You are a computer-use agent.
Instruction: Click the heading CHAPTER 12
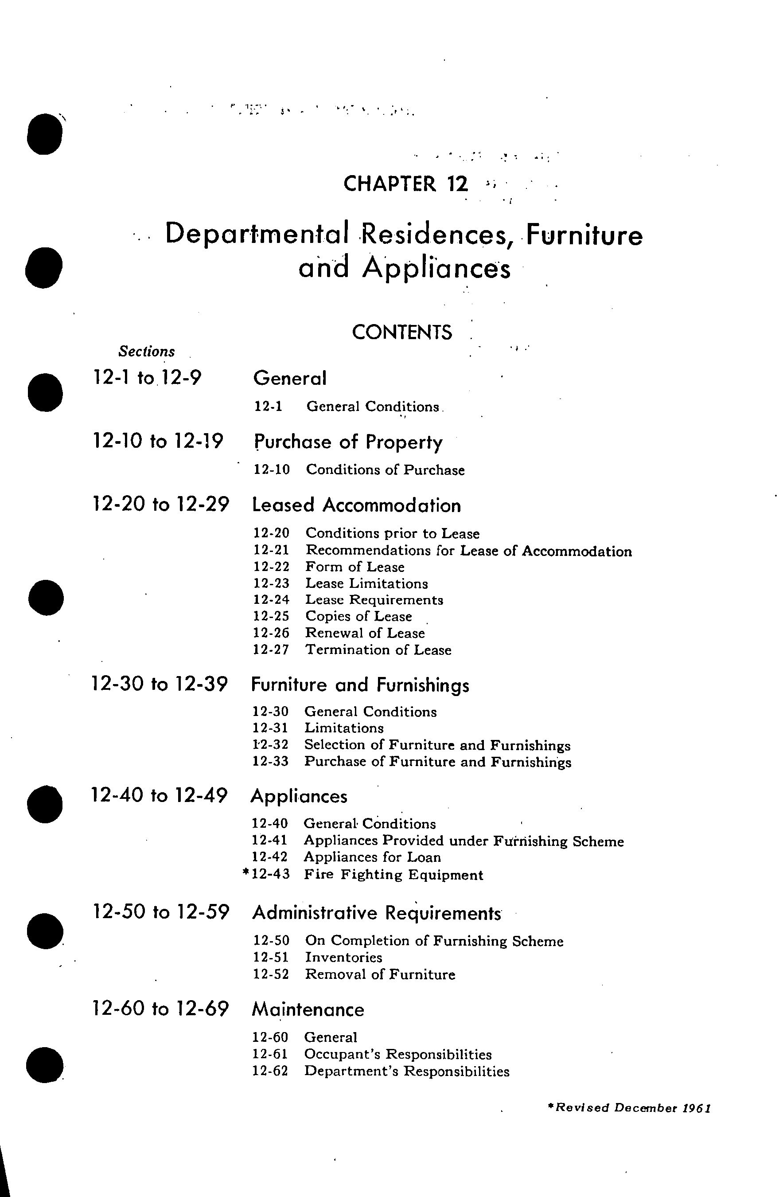point(405,184)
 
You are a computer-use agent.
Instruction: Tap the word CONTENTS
point(401,332)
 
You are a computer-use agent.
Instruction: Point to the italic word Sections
point(146,352)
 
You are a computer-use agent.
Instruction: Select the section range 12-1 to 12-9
point(147,377)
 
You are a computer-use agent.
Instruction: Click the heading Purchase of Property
point(348,442)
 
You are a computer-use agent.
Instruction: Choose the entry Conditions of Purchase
point(385,470)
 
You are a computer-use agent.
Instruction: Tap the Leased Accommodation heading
point(356,505)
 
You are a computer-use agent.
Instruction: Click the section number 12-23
point(271,583)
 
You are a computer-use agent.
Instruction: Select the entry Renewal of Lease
point(365,633)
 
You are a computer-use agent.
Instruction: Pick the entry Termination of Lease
point(378,650)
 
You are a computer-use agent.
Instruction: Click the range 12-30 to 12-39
point(160,684)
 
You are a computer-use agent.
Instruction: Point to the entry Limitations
point(344,728)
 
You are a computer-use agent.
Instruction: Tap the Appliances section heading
point(299,796)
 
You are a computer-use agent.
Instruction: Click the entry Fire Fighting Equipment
point(393,875)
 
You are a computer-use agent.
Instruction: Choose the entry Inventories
point(343,957)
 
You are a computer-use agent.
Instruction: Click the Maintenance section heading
point(308,1009)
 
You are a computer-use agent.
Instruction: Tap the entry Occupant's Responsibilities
point(397,1054)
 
